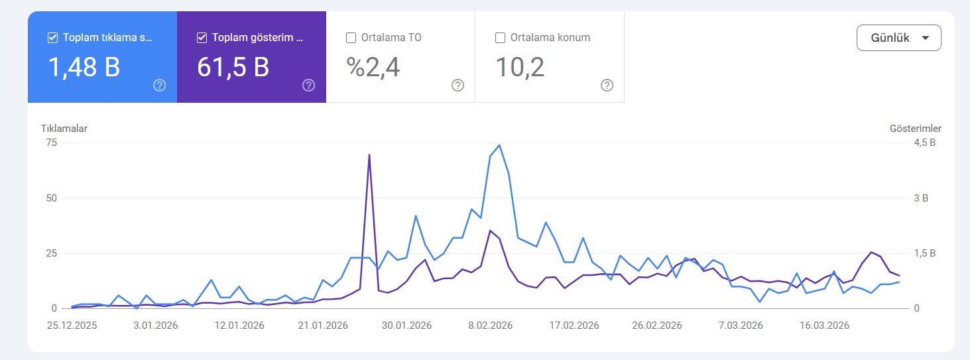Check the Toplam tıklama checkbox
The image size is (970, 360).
[x=52, y=38]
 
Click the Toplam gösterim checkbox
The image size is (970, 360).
[x=202, y=38]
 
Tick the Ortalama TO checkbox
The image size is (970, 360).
[x=351, y=38]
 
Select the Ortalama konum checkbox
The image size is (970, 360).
[x=500, y=38]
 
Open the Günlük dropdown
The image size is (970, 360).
[x=898, y=38]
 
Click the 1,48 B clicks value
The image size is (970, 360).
[x=84, y=68]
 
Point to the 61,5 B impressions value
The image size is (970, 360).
[x=233, y=68]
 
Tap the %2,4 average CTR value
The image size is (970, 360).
[x=373, y=68]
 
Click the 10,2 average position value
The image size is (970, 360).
[x=520, y=68]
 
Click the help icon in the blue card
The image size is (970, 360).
[x=159, y=86]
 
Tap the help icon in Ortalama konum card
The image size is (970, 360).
[x=607, y=86]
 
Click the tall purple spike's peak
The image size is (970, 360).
[x=369, y=154]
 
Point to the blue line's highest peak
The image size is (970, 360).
[x=499, y=145]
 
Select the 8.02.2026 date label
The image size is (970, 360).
[x=490, y=326]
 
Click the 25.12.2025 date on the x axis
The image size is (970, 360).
[x=72, y=326]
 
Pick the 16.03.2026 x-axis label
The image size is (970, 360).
[x=824, y=326]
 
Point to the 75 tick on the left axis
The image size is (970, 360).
[x=52, y=143]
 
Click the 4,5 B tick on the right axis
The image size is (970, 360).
[x=924, y=143]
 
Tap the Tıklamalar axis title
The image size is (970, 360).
[x=64, y=129]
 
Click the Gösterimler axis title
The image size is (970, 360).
[x=916, y=129]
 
